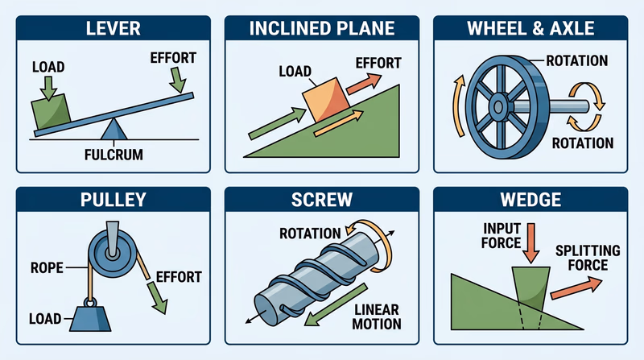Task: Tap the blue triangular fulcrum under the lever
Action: tap(110, 130)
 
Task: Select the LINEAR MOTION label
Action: tap(376, 316)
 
